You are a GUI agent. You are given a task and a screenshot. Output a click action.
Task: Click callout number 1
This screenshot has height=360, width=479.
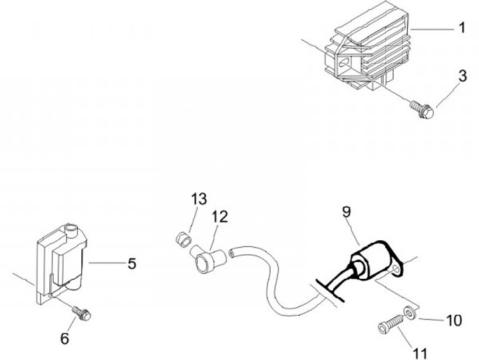[x=462, y=27]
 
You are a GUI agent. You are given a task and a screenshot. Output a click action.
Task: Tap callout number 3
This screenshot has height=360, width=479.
[x=463, y=76]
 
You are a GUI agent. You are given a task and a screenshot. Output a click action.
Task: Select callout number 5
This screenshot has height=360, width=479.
[x=132, y=264]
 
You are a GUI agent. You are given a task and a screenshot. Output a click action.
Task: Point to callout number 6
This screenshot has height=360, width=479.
[x=65, y=339]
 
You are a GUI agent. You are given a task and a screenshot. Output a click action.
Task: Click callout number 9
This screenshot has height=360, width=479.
[x=347, y=212]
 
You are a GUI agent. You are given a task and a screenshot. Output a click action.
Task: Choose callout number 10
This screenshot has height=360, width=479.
[x=454, y=321]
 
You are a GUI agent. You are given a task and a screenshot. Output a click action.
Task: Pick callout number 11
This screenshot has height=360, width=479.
[x=420, y=354]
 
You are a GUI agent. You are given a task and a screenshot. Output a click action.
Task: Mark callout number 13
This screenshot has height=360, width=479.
[x=199, y=199]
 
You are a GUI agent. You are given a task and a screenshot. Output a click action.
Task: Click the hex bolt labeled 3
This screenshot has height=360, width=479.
[x=422, y=109]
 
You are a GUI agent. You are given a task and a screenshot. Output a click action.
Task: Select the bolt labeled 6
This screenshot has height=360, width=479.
[x=81, y=313]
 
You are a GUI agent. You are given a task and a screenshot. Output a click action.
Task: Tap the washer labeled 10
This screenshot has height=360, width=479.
[x=408, y=311]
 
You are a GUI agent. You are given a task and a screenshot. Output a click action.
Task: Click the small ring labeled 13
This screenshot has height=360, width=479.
[x=184, y=240]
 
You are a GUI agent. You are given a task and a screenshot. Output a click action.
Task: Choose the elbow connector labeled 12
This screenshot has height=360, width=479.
[x=207, y=259]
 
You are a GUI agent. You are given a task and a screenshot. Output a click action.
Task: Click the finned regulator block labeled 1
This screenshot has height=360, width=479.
[x=367, y=46]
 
